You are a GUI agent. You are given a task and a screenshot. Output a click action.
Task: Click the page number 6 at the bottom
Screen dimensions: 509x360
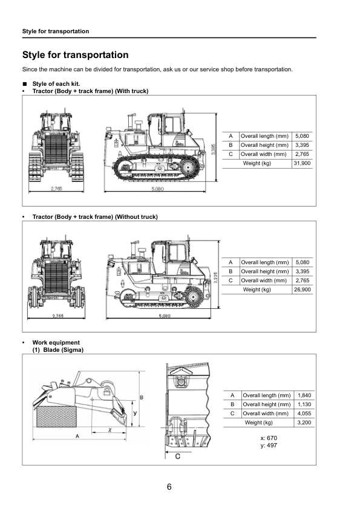169,487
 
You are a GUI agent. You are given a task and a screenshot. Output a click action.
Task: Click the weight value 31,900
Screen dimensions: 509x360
301,163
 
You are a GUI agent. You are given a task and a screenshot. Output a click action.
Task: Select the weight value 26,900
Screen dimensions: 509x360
301,290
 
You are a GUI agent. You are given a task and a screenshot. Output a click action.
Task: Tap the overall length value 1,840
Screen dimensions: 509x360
304,395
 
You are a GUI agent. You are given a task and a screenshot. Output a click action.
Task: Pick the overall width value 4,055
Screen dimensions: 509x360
304,413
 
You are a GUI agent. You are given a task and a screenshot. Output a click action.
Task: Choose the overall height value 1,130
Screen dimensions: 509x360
304,404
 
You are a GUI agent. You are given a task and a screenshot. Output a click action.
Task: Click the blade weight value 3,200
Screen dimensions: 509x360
304,423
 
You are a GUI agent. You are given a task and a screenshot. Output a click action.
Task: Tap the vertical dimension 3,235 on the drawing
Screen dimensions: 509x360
217,277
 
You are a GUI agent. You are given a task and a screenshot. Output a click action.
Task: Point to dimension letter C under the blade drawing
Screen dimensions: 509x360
178,456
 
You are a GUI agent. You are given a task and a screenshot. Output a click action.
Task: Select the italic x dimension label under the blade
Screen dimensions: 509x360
110,430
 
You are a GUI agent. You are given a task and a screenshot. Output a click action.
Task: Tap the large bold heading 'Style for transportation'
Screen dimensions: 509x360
75,55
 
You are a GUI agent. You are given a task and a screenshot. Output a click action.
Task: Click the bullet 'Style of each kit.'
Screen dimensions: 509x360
56,83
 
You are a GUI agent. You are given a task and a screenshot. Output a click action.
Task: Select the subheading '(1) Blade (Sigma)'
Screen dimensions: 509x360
58,350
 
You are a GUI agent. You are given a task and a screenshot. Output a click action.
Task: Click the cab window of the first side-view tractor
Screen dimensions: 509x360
172,125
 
